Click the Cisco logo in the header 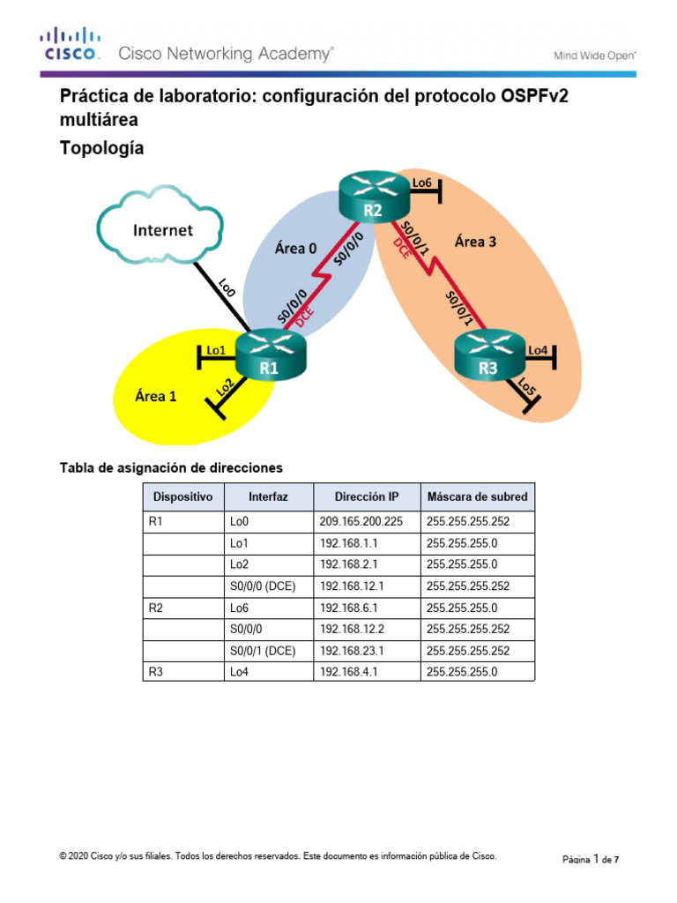click(68, 44)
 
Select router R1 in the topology click(268, 355)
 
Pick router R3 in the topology click(487, 357)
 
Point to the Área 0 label click(295, 248)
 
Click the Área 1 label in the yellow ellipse click(155, 396)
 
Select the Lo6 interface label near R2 click(422, 183)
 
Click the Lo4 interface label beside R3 click(538, 350)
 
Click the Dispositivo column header click(182, 496)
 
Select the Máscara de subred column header click(477, 496)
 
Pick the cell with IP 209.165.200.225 click(361, 521)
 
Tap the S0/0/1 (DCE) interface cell click(263, 649)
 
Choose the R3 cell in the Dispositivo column click(156, 671)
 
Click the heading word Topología click(101, 149)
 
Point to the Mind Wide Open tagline click(594, 55)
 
